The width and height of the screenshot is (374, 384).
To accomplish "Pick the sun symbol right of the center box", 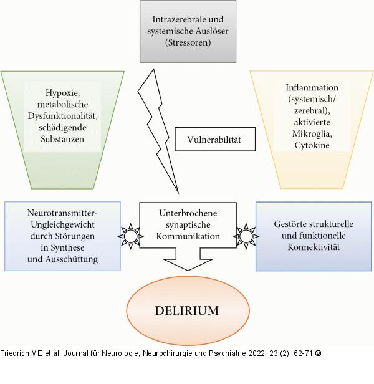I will coord(245,236).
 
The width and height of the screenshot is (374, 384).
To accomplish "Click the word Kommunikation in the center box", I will coord(188,237).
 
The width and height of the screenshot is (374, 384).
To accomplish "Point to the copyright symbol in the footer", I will coord(318,353).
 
